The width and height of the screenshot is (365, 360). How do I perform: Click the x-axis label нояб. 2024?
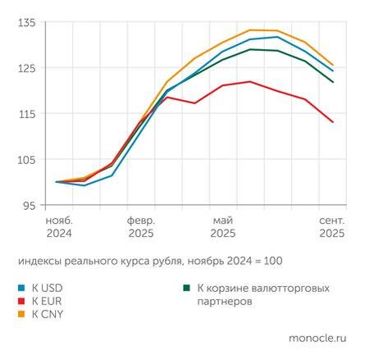57,226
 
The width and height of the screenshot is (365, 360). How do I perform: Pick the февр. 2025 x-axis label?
139,226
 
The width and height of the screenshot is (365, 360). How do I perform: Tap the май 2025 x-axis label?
222,226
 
